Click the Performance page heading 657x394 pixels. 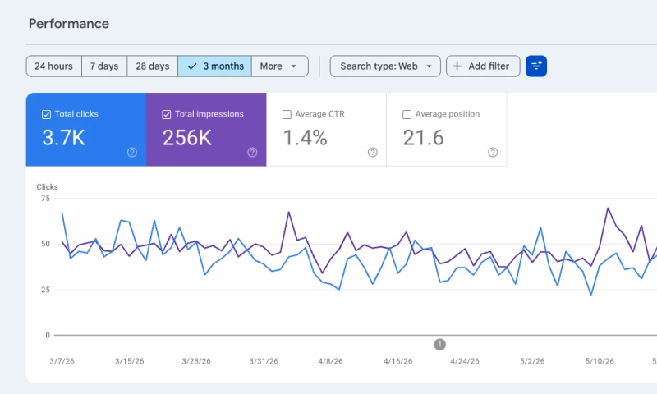pos(69,24)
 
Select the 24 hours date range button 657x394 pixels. pos(53,66)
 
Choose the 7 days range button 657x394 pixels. pos(104,66)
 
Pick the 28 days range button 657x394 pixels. pos(153,66)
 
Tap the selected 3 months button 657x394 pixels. pos(215,66)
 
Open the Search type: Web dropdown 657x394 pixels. pos(385,66)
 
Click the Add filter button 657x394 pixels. pos(483,66)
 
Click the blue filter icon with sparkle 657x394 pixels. pos(536,66)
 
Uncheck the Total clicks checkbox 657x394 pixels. pos(47,114)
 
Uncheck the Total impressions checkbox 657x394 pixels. pos(167,114)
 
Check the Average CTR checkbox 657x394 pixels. pos(287,114)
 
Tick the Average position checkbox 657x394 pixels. pos(407,114)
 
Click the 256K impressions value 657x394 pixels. pos(187,138)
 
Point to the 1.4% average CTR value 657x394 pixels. pos(305,138)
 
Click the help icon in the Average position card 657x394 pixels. pos(493,153)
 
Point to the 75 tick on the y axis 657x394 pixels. pos(45,198)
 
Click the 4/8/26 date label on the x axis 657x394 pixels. pos(330,361)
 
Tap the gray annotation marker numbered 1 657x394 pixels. pos(439,345)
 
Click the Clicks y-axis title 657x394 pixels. pos(48,187)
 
